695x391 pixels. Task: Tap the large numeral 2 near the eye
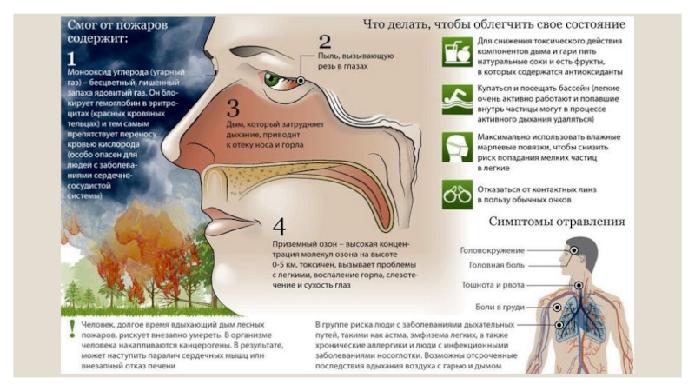tap(325, 41)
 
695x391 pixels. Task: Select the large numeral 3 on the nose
tap(233, 109)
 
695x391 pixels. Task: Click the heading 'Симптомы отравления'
tap(556, 222)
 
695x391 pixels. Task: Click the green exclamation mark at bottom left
tap(72, 328)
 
